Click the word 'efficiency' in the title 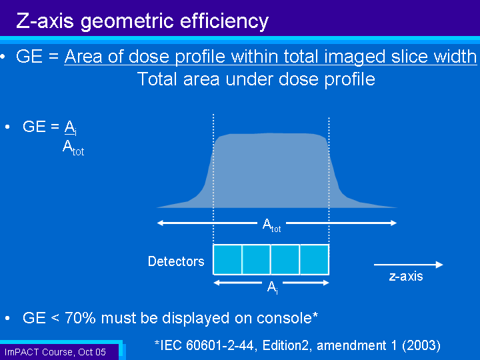(224, 21)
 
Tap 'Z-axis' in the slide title (45, 21)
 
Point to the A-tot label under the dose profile (271, 225)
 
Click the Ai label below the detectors (272, 287)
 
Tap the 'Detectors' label (176, 261)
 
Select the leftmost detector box (227, 259)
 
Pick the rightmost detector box (315, 259)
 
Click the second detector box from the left (256, 259)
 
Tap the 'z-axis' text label (406, 276)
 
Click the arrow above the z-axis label (409, 265)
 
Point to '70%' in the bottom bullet (80, 318)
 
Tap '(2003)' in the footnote (421, 345)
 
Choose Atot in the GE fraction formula (73, 148)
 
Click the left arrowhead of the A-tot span (160, 223)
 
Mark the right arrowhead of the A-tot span (394, 223)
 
